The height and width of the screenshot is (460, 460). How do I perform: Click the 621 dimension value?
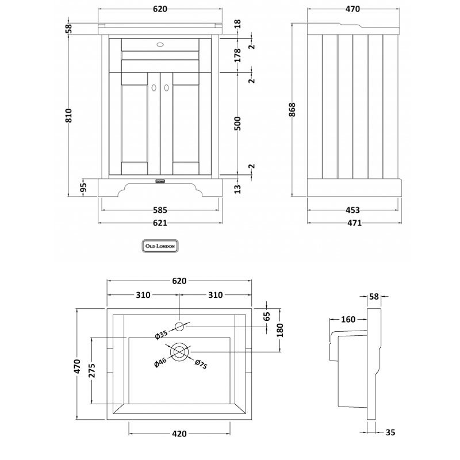click(x=160, y=223)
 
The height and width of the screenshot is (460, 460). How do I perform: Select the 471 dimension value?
click(x=353, y=224)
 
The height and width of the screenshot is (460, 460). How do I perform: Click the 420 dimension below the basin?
click(x=179, y=434)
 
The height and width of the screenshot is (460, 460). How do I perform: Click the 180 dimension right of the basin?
click(x=281, y=331)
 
